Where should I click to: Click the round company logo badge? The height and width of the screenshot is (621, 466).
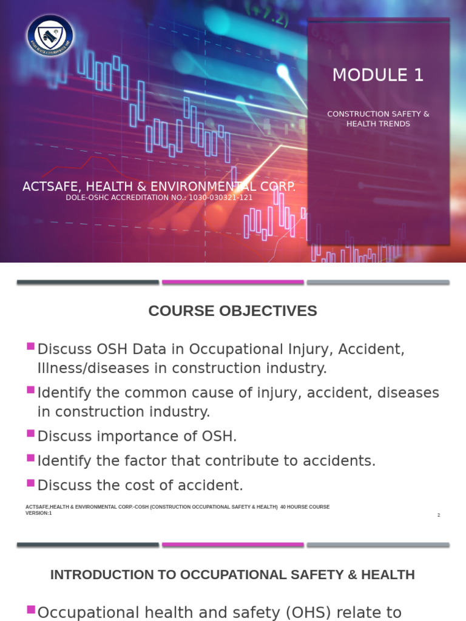(x=50, y=36)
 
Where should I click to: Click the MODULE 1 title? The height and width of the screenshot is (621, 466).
(x=378, y=75)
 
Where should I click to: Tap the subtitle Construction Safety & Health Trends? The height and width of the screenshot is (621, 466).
(x=378, y=119)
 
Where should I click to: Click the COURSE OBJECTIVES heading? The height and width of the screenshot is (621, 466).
(x=232, y=311)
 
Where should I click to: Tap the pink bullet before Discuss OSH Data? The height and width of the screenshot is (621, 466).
(x=30, y=346)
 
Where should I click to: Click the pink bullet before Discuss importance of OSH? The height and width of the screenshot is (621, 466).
(x=30, y=433)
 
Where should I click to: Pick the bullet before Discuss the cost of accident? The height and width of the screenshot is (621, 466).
(x=30, y=483)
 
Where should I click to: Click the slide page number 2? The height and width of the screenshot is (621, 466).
(x=438, y=515)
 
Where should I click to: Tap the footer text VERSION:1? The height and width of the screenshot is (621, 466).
(x=39, y=513)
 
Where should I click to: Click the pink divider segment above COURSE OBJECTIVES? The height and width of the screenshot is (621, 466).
(x=232, y=282)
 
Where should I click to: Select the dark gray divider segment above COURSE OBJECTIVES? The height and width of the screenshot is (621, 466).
(x=87, y=282)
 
